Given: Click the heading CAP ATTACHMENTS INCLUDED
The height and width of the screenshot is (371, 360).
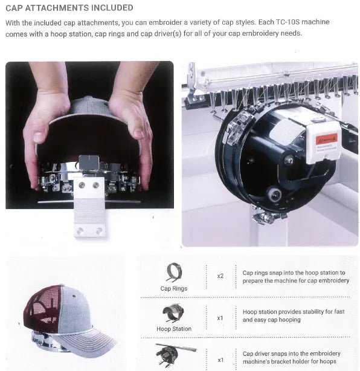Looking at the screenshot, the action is [69, 8].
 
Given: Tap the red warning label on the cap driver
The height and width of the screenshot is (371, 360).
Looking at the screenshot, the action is [326, 138].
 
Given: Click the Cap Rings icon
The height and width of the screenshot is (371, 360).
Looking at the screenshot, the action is [174, 273].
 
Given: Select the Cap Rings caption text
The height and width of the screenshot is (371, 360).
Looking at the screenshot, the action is [174, 288].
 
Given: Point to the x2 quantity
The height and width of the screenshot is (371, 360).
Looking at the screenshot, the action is [220, 276].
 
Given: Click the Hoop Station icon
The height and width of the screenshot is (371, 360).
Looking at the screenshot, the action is [173, 313].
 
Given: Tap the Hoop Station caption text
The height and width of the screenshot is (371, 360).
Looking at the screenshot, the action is [174, 329].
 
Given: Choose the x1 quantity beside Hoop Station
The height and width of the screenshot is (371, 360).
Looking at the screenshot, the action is [220, 318].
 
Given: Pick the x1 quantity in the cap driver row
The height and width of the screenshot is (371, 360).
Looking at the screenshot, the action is [220, 360].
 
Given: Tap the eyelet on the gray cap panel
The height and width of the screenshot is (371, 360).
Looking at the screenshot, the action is [74, 296].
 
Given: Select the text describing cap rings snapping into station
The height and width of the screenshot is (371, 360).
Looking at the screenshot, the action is [295, 277].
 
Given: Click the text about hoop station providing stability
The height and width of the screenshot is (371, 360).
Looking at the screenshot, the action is [294, 315].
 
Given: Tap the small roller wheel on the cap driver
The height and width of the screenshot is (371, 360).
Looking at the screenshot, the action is [274, 195].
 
